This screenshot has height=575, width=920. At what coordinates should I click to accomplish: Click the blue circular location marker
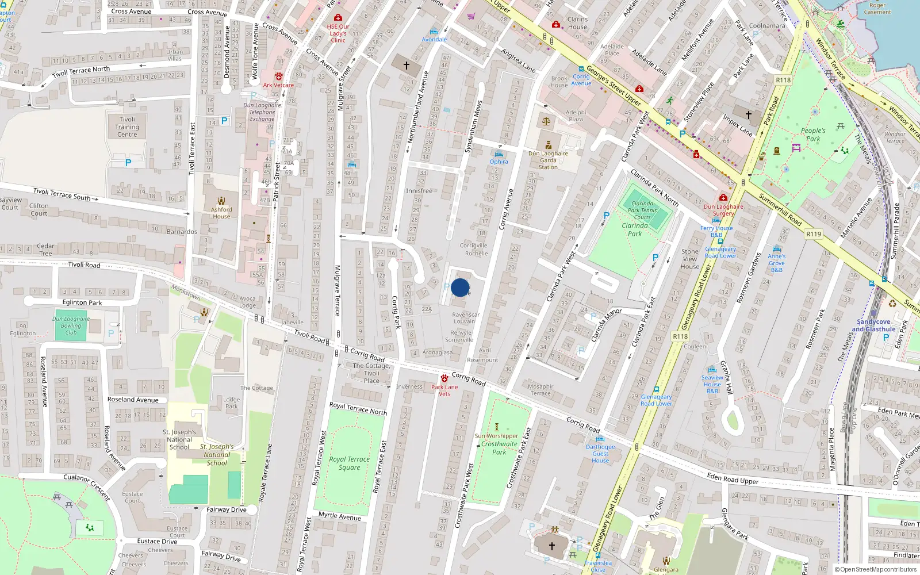[460, 287]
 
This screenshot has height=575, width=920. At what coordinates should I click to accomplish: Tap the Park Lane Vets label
[444, 390]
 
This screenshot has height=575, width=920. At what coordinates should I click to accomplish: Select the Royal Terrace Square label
[349, 463]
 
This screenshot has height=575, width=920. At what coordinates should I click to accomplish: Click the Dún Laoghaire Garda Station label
[548, 160]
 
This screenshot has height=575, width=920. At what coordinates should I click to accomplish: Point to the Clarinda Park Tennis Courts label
[642, 210]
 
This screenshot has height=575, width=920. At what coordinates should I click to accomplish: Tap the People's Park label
[813, 135]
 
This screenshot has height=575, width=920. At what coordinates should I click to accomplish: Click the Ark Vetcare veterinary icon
[279, 76]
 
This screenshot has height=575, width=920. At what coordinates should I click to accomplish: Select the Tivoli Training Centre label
[127, 127]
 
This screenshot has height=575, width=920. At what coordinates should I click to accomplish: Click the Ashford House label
[221, 213]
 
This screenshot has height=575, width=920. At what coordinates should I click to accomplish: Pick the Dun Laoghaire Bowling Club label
[71, 325]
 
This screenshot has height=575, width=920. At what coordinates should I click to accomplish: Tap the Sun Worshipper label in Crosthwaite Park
[496, 436]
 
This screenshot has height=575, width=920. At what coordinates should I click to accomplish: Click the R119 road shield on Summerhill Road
[814, 234]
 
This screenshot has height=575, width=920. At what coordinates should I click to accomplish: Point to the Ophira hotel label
[499, 162]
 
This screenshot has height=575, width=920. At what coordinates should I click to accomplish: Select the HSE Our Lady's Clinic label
[338, 33]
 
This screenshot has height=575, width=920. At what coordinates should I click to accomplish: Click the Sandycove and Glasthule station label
[873, 325]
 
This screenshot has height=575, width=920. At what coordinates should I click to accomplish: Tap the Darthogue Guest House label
[600, 454]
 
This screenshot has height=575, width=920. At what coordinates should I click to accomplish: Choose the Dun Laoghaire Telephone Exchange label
[262, 112]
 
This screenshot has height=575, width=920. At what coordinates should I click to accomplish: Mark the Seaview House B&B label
[712, 384]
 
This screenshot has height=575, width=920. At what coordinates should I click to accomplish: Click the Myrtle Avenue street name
[340, 516]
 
